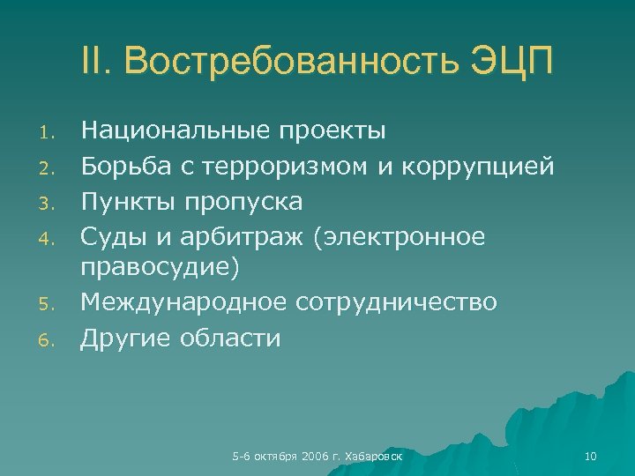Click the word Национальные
176,132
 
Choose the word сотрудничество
396,303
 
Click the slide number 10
590,456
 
